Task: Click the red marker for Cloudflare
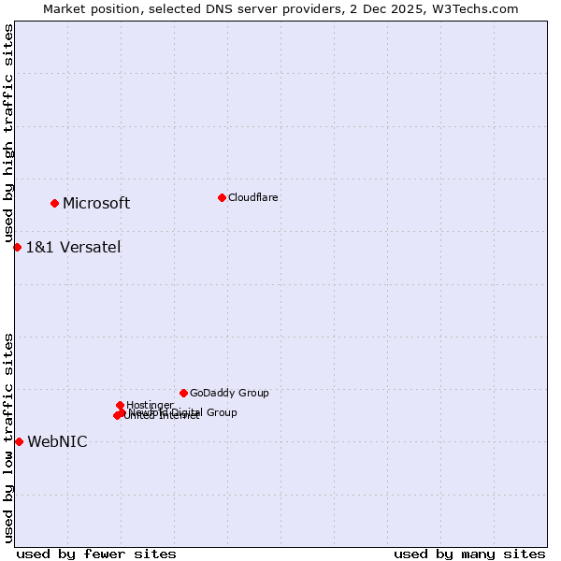222,197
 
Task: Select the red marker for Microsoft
55,203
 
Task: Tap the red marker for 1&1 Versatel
18,247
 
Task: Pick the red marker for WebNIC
19,441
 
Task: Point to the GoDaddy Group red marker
183,393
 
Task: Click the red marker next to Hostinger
121,405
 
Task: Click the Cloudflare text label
252,197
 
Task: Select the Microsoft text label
96,204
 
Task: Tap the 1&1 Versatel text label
73,248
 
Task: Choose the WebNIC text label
57,442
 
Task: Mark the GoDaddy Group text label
229,394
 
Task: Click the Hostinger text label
150,405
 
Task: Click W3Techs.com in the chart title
480,8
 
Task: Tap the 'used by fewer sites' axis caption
96,554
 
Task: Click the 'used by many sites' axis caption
469,554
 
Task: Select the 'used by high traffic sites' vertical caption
8,134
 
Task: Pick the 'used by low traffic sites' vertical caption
8,438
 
